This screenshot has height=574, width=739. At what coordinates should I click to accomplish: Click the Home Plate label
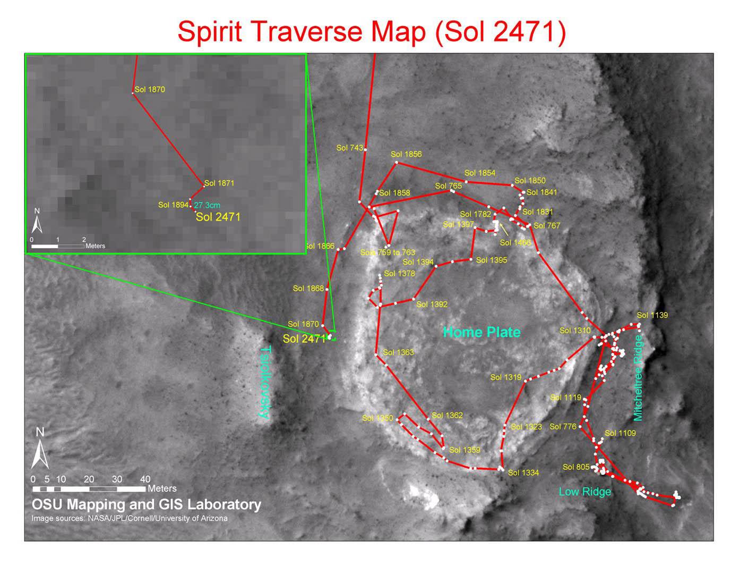coord(482,332)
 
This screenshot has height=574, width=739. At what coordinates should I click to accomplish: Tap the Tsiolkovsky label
coord(266,383)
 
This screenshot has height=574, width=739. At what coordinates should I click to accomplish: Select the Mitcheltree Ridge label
coord(638,377)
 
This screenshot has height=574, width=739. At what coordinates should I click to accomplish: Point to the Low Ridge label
coord(585,492)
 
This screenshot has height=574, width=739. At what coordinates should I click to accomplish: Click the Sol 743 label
coord(349,148)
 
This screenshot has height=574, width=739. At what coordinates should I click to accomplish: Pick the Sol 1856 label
coord(406,154)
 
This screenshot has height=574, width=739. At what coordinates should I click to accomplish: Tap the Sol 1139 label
coord(652,315)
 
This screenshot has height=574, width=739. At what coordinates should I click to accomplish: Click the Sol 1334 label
coord(523,472)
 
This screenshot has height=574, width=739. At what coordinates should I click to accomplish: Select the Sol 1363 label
coord(398,352)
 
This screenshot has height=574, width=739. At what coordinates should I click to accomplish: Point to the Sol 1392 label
coord(432,304)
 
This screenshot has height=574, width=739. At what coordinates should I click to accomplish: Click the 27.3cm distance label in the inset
coord(207,205)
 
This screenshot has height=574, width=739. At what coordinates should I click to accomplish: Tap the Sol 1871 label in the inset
coord(219,183)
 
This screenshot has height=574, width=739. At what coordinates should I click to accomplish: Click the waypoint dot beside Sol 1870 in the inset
coord(133,93)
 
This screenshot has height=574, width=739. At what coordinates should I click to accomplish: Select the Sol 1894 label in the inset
coord(173,205)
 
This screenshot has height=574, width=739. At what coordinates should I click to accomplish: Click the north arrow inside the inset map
coord(37,222)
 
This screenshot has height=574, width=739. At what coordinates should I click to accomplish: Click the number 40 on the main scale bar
coord(145,479)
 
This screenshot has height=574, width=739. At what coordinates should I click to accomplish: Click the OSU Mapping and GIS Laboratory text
coord(147,504)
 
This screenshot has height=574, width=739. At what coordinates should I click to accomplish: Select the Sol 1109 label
coord(620,433)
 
